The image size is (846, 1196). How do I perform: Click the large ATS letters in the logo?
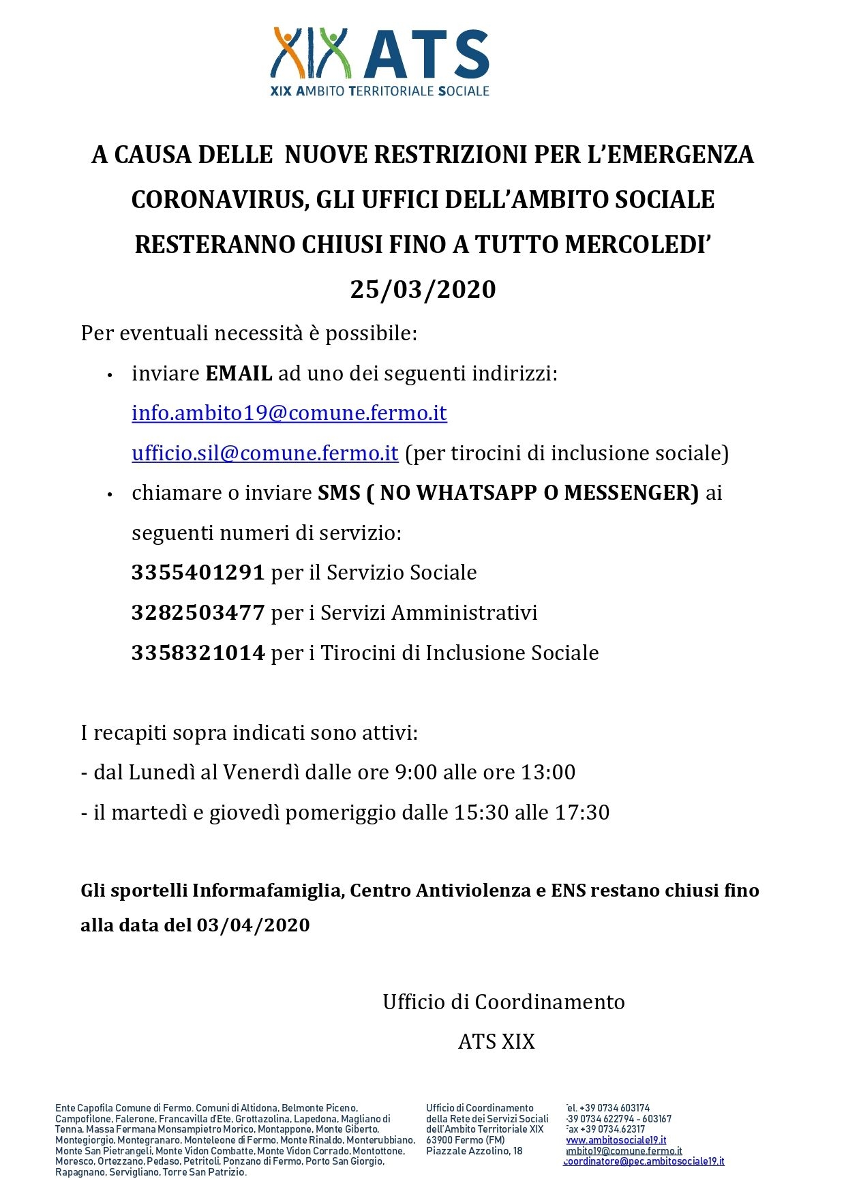pyautogui.click(x=427, y=55)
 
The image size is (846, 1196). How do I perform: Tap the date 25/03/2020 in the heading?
pyautogui.click(x=423, y=290)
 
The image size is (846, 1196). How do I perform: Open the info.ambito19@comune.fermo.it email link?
pyautogui.click(x=289, y=413)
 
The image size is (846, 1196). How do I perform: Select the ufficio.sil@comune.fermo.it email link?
pyautogui.click(x=265, y=453)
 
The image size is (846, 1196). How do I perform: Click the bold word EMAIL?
pyautogui.click(x=239, y=374)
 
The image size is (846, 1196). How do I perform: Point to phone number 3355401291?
pyautogui.click(x=198, y=573)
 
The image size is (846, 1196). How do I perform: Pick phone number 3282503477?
pyautogui.click(x=198, y=613)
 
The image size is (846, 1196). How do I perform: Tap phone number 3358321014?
pyautogui.click(x=198, y=653)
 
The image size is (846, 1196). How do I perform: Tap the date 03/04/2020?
pyautogui.click(x=253, y=925)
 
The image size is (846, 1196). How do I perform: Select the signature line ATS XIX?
pyautogui.click(x=496, y=1042)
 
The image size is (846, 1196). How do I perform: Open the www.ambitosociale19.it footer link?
pyautogui.click(x=615, y=1140)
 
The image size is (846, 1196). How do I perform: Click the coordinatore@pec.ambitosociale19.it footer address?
pyautogui.click(x=644, y=1161)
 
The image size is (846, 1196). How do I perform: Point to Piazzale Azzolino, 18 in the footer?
pyautogui.click(x=474, y=1151)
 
